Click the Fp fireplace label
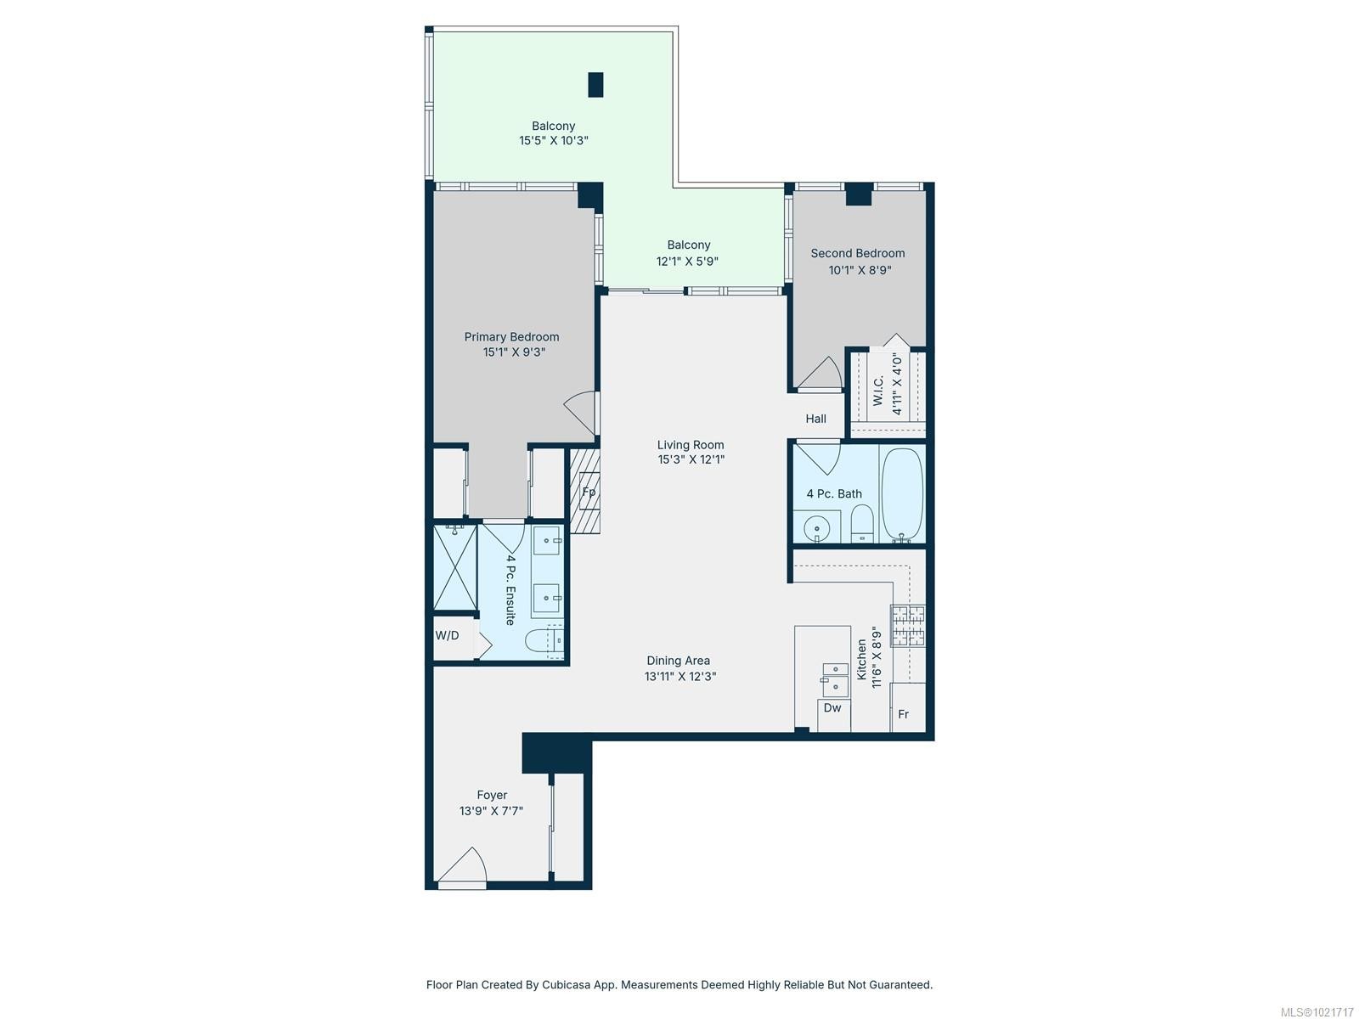click(x=588, y=493)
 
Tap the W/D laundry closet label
click(x=448, y=635)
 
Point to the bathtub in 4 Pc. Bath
click(x=902, y=495)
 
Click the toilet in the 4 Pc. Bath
click(x=861, y=523)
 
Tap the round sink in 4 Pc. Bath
click(x=817, y=528)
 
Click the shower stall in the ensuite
click(x=454, y=566)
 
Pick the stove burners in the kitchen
click(x=907, y=625)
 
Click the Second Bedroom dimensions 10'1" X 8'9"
click(x=860, y=270)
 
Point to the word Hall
click(x=815, y=419)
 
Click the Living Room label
click(x=690, y=445)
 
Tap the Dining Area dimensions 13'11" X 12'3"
click(x=679, y=677)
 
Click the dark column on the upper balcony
click(x=595, y=85)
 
